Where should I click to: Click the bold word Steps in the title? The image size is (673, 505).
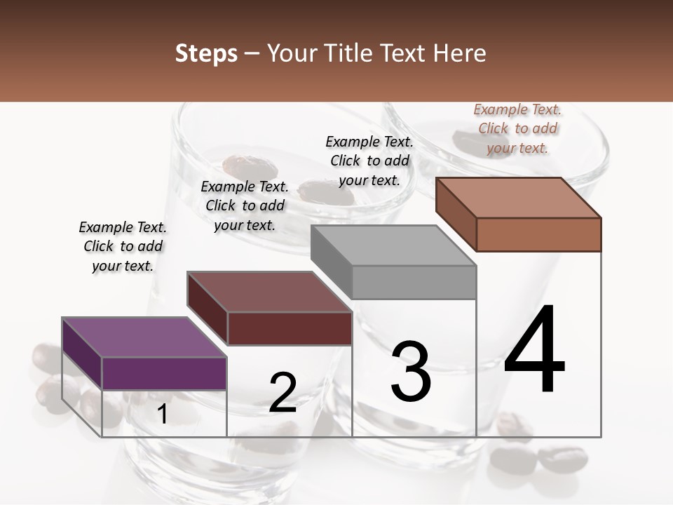click(x=206, y=53)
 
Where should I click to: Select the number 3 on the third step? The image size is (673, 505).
click(x=411, y=372)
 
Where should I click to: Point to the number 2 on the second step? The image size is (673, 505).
click(x=283, y=393)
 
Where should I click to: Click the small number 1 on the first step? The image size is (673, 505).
click(x=162, y=415)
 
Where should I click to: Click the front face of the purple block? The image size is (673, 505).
click(x=164, y=373)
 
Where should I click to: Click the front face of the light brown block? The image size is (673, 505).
click(x=538, y=234)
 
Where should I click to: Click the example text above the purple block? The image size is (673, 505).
click(x=123, y=246)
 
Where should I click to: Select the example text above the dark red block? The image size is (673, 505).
click(x=245, y=206)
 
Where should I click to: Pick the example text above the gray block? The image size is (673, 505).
click(x=369, y=161)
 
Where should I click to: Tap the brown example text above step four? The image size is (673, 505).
click(x=517, y=128)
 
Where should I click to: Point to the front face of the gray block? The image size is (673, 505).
click(x=414, y=282)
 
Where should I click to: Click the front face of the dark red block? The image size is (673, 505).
click(x=289, y=328)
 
